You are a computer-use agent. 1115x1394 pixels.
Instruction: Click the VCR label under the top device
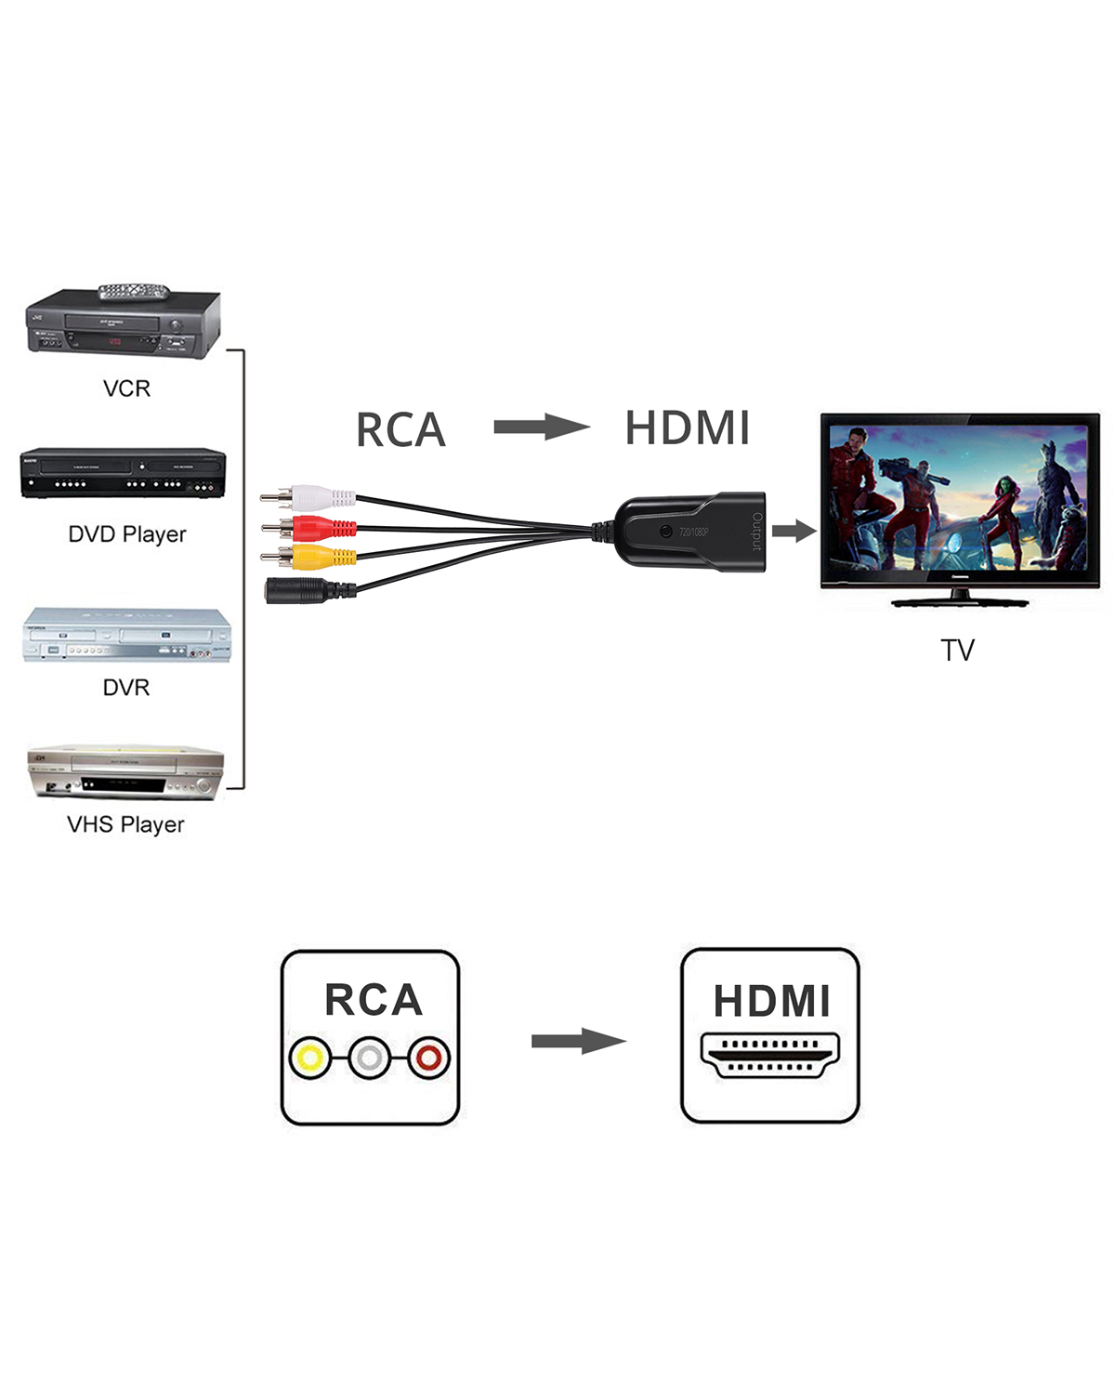coord(126,388)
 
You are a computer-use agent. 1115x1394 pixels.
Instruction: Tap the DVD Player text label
coord(127,534)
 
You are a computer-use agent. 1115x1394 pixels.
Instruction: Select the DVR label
coord(126,688)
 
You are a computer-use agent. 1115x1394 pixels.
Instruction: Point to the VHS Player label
coord(125,824)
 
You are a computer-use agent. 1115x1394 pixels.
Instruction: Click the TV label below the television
coord(957,650)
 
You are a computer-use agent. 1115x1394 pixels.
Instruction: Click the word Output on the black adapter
coord(756,532)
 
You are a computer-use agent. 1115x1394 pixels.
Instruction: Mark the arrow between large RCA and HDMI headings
coord(541,427)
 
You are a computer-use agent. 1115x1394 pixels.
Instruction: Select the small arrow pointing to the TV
coord(793,531)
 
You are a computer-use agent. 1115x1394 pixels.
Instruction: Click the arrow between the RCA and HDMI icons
coord(578,1041)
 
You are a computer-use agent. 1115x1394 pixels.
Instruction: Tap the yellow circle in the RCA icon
coord(309,1058)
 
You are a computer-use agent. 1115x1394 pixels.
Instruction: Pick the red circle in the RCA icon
coord(428,1058)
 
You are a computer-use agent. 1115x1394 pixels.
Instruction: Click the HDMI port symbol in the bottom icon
coord(769,1055)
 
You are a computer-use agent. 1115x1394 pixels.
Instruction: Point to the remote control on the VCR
coord(135,292)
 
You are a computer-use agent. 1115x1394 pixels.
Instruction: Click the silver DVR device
coord(126,636)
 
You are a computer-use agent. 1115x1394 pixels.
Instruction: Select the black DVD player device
coord(123,473)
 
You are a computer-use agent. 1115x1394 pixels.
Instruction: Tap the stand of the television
coord(960,598)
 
